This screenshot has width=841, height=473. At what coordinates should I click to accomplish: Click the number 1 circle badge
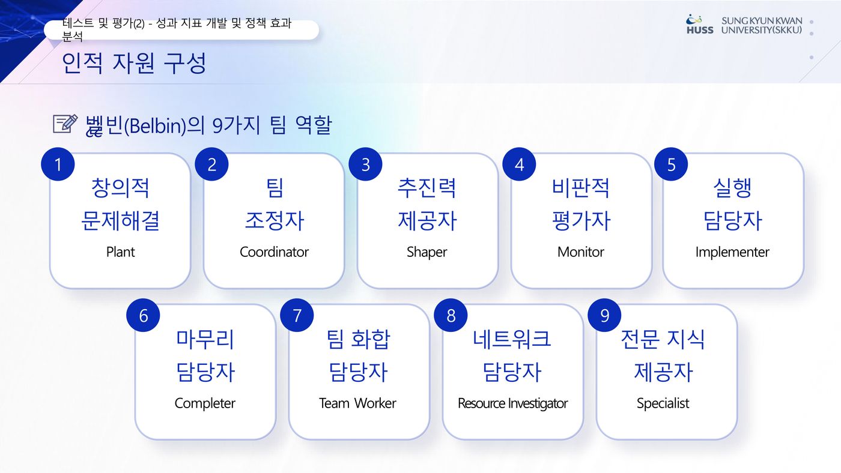(x=58, y=164)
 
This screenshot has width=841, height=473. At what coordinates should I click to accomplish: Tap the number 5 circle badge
(x=671, y=164)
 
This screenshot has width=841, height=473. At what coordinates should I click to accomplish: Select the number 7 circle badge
(x=297, y=316)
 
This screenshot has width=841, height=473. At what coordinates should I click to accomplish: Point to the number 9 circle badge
(x=604, y=316)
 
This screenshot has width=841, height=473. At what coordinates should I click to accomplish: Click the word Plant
(x=120, y=252)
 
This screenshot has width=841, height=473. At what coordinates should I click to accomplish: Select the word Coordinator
(x=274, y=252)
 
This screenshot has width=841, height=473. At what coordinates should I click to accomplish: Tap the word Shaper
(x=427, y=252)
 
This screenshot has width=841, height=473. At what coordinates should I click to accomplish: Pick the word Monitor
(x=581, y=252)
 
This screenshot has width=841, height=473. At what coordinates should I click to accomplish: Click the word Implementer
(x=732, y=252)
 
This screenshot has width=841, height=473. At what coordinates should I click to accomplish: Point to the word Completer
(x=205, y=403)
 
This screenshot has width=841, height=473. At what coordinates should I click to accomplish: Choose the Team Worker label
(x=357, y=403)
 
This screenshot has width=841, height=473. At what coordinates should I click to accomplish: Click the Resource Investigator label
(x=512, y=403)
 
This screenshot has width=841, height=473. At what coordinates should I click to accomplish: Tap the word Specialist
(x=663, y=403)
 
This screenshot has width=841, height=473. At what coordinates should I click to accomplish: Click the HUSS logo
(x=699, y=25)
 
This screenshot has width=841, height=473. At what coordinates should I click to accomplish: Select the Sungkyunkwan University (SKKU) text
(x=762, y=25)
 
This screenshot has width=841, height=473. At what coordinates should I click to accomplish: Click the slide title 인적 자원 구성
(x=134, y=63)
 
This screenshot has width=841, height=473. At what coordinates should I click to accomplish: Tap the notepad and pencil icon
(x=65, y=124)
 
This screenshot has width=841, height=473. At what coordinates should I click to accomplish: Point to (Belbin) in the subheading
(x=155, y=125)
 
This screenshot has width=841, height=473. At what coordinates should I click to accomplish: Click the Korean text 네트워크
(x=512, y=339)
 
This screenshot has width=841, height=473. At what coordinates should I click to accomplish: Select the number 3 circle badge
(x=365, y=164)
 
